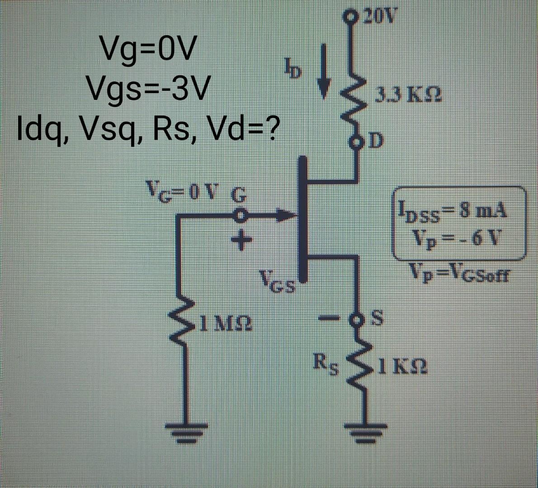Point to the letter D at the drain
click(377, 141)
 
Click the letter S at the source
click(376, 319)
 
